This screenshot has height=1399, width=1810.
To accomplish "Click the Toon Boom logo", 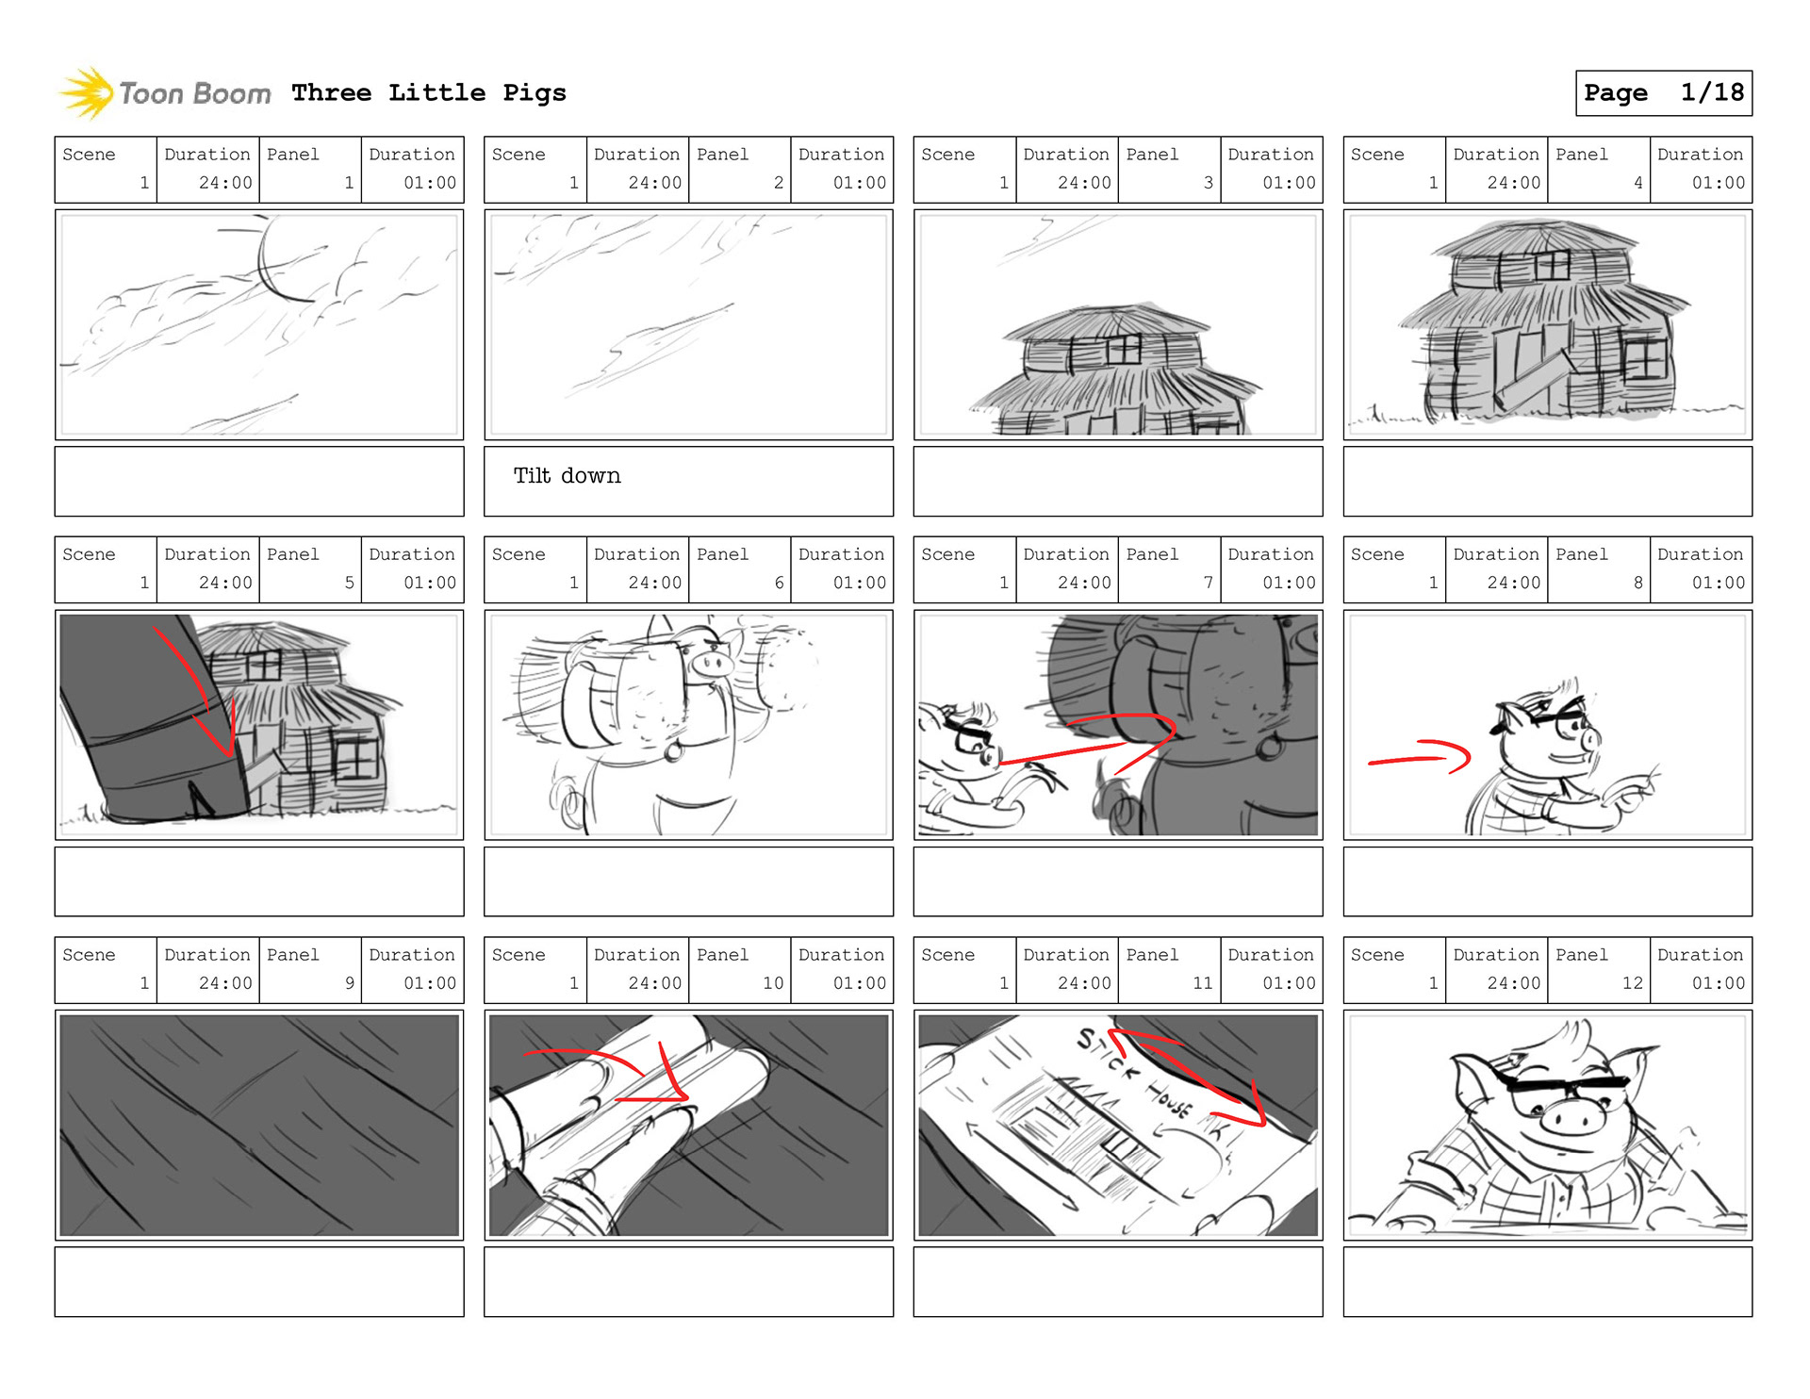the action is (165, 93).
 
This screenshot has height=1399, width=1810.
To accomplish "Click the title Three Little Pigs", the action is (429, 92).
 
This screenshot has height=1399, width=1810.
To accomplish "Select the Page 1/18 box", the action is (1664, 93).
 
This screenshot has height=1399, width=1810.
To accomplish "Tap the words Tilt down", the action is (568, 475).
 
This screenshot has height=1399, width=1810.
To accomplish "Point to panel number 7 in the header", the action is (1208, 583).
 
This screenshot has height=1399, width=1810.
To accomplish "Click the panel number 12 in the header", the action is (1633, 982).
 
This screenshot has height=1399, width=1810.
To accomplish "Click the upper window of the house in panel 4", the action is (1552, 266).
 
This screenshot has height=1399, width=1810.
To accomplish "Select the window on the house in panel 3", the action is (1124, 351).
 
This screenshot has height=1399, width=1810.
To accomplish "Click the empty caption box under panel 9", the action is (259, 1282).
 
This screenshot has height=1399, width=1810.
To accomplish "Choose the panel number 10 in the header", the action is (773, 982).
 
